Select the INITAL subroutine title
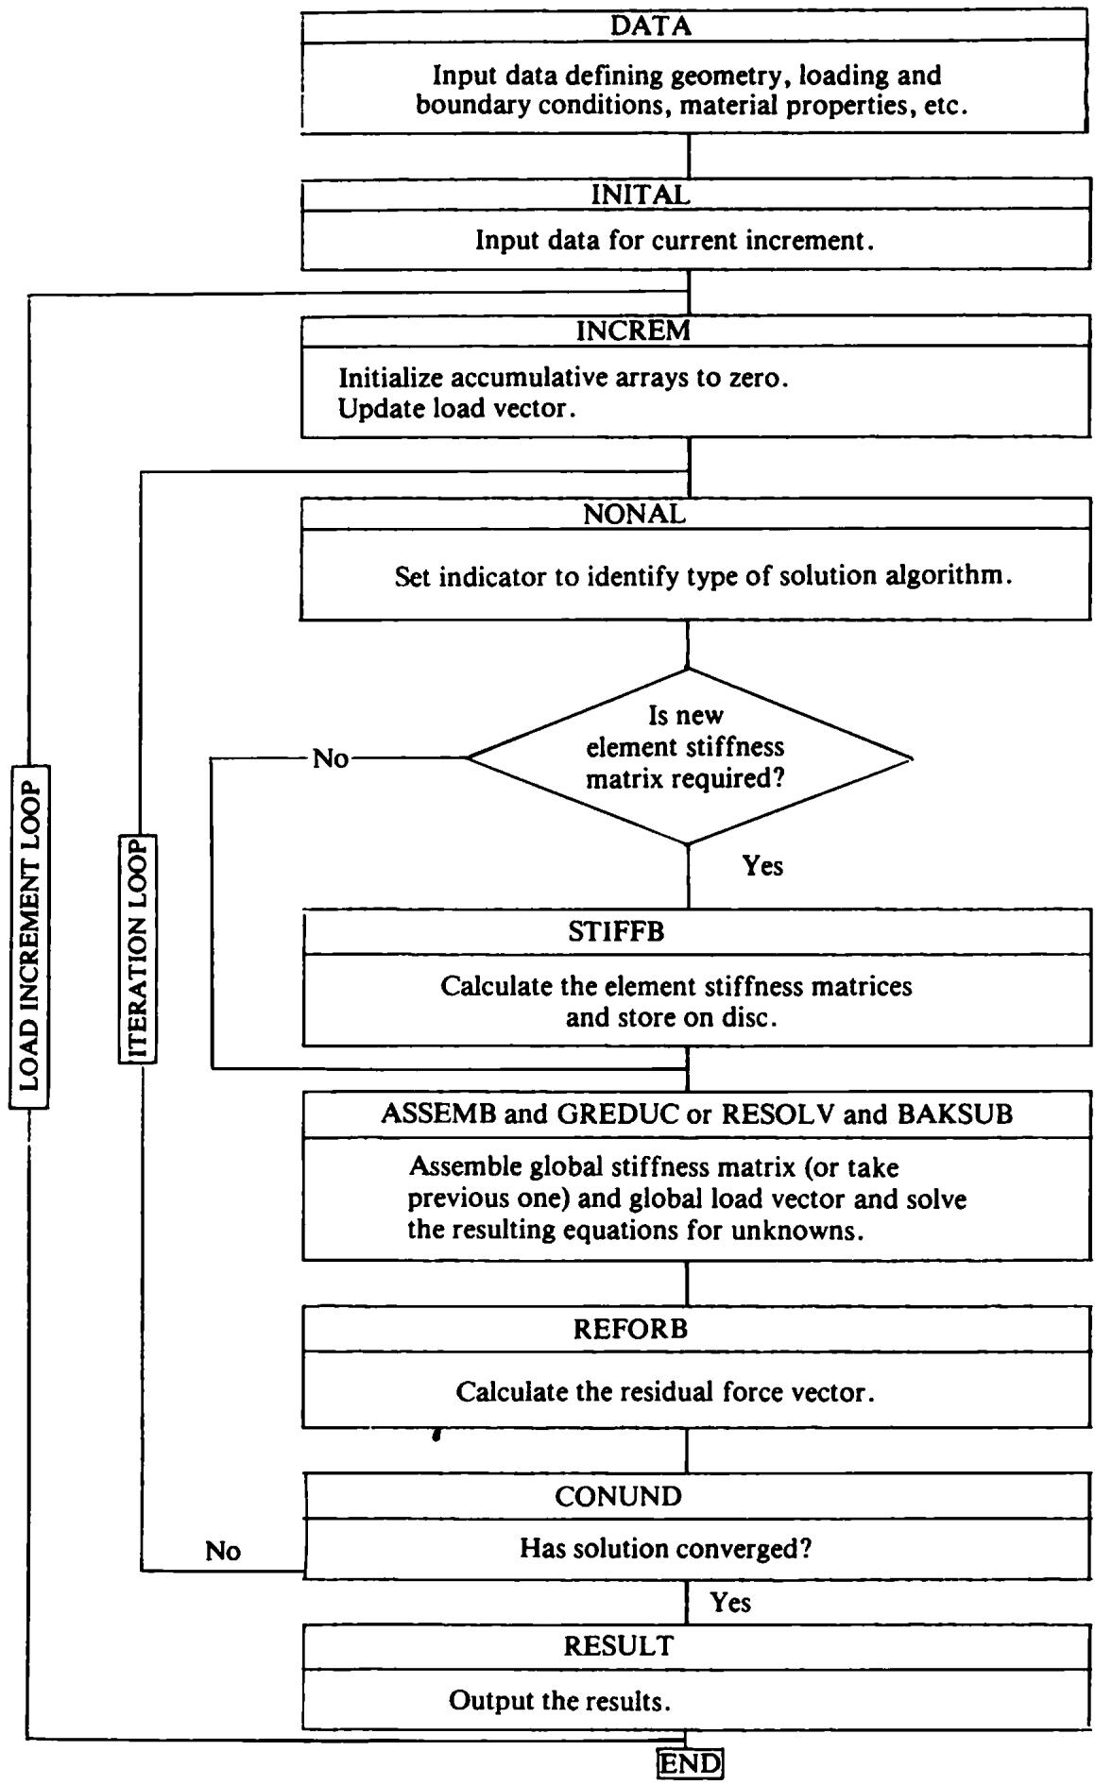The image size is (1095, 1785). click(641, 195)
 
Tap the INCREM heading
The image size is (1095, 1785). click(633, 331)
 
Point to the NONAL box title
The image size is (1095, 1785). click(634, 514)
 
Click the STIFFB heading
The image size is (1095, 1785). click(616, 932)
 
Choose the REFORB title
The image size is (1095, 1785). click(630, 1329)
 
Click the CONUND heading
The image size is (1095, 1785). click(618, 1496)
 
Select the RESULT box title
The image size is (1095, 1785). click(619, 1645)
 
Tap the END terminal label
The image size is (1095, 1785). click(690, 1763)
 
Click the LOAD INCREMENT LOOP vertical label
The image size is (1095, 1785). click(29, 936)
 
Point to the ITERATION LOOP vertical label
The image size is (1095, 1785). click(138, 949)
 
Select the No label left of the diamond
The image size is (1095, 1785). click(331, 758)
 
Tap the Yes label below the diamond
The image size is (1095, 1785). click(762, 866)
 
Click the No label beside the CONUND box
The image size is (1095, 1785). click(223, 1551)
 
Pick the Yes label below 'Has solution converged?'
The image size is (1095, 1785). click(730, 1603)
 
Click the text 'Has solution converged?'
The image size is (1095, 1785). click(666, 1549)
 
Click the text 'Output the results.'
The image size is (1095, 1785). click(559, 1701)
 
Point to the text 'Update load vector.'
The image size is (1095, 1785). click(457, 410)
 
